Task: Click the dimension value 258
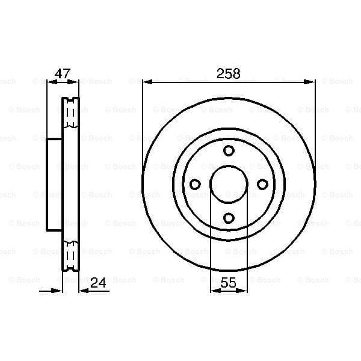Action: tap(229, 73)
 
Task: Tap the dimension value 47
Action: tap(63, 74)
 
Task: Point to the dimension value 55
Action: tap(229, 282)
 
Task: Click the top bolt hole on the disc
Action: tap(229, 151)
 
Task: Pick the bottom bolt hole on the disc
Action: tap(229, 217)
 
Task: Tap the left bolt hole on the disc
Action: tap(196, 185)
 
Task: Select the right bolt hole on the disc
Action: tap(262, 185)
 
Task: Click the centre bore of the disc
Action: tap(229, 184)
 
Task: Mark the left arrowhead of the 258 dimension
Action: tap(146, 82)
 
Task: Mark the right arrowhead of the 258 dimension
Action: tap(311, 82)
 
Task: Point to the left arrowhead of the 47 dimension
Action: tap(49, 82)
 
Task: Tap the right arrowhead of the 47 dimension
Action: tap(76, 82)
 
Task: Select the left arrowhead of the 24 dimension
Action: tap(60, 291)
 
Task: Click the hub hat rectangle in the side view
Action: tap(55, 184)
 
